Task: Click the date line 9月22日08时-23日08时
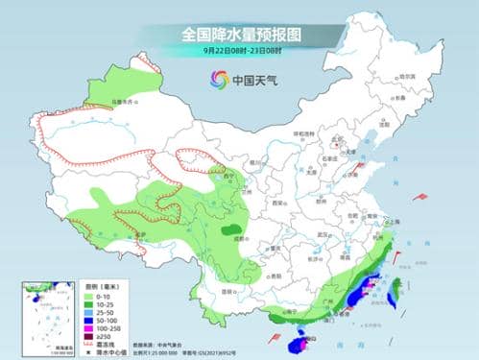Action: pyautogui.click(x=239, y=51)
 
